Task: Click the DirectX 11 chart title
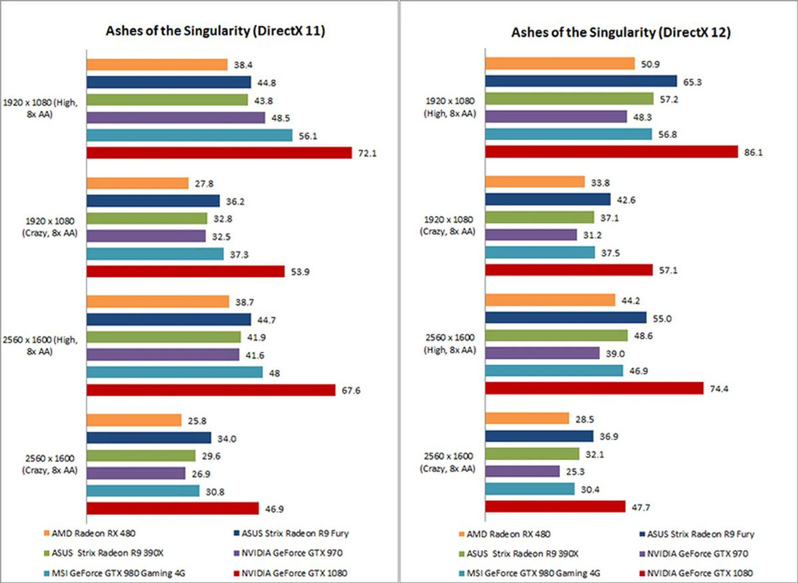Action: point(215,31)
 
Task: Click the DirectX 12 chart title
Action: point(621,32)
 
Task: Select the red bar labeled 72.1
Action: point(219,153)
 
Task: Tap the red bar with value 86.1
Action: point(611,152)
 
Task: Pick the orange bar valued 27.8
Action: point(137,183)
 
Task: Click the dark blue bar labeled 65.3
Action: point(581,81)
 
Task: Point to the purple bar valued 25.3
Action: point(522,471)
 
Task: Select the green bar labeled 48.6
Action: point(556,335)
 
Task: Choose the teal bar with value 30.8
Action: point(143,491)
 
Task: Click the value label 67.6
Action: point(351,391)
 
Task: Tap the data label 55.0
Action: point(662,319)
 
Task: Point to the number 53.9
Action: point(300,272)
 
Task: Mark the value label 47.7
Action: point(640,507)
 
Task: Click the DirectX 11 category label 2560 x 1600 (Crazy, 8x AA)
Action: point(50,464)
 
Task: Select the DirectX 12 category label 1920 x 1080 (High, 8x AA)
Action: point(450,107)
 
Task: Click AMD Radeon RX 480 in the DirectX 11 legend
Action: point(93,534)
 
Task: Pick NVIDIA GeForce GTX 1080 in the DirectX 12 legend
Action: point(699,573)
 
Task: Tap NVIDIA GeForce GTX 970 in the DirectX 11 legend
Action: point(292,553)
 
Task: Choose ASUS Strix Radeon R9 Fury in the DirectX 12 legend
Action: point(700,534)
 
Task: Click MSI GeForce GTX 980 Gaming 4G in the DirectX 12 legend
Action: point(533,573)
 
